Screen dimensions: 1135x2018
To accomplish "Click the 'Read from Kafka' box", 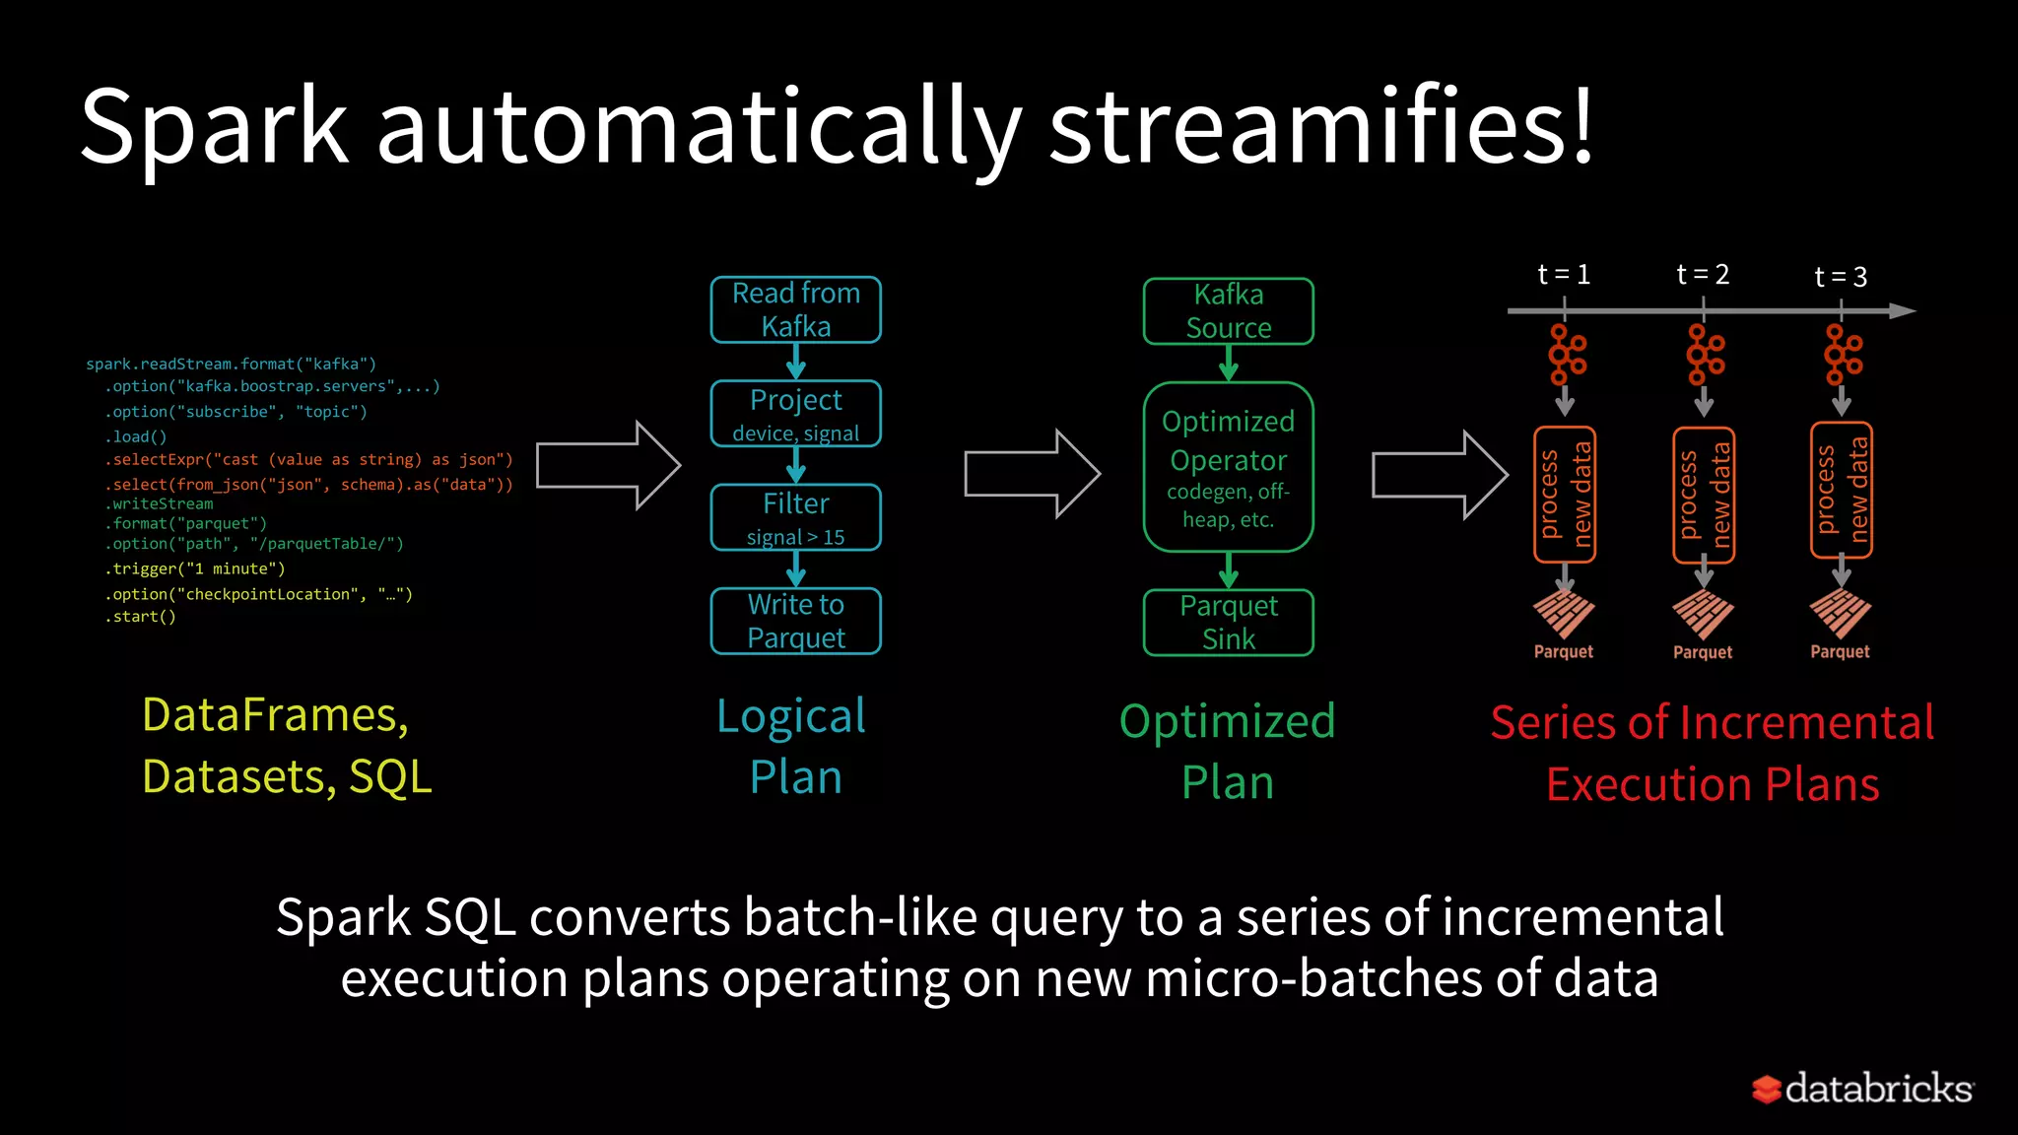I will click(795, 309).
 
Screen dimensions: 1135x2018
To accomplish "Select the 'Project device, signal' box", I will click(795, 414).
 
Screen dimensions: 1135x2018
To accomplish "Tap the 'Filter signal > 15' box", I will click(795, 517).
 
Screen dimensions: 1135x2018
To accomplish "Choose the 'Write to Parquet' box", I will click(795, 621).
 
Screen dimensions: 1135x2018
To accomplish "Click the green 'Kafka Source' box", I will click(1228, 311).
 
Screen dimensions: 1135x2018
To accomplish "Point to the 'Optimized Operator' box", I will click(1228, 467).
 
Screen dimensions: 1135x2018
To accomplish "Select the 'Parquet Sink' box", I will click(1228, 622).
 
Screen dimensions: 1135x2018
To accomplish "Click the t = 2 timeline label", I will click(1703, 274).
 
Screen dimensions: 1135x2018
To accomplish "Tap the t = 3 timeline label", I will click(1841, 277).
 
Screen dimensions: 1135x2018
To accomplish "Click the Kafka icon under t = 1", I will click(1566, 355).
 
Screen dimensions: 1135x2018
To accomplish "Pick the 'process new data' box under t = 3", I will click(1841, 490).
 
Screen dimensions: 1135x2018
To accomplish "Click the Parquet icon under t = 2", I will click(1703, 615).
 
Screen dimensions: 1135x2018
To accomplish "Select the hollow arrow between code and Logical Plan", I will click(608, 465).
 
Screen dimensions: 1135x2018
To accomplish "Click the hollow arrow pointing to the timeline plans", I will click(1440, 475).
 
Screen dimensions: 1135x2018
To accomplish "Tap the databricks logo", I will click(1862, 1089).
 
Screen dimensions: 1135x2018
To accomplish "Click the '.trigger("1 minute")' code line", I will click(195, 568).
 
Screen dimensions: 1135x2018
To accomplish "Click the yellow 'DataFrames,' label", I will click(275, 714).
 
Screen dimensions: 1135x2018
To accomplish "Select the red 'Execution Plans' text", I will click(1712, 784).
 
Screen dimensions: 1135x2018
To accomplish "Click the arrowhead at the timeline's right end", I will click(1902, 311).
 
